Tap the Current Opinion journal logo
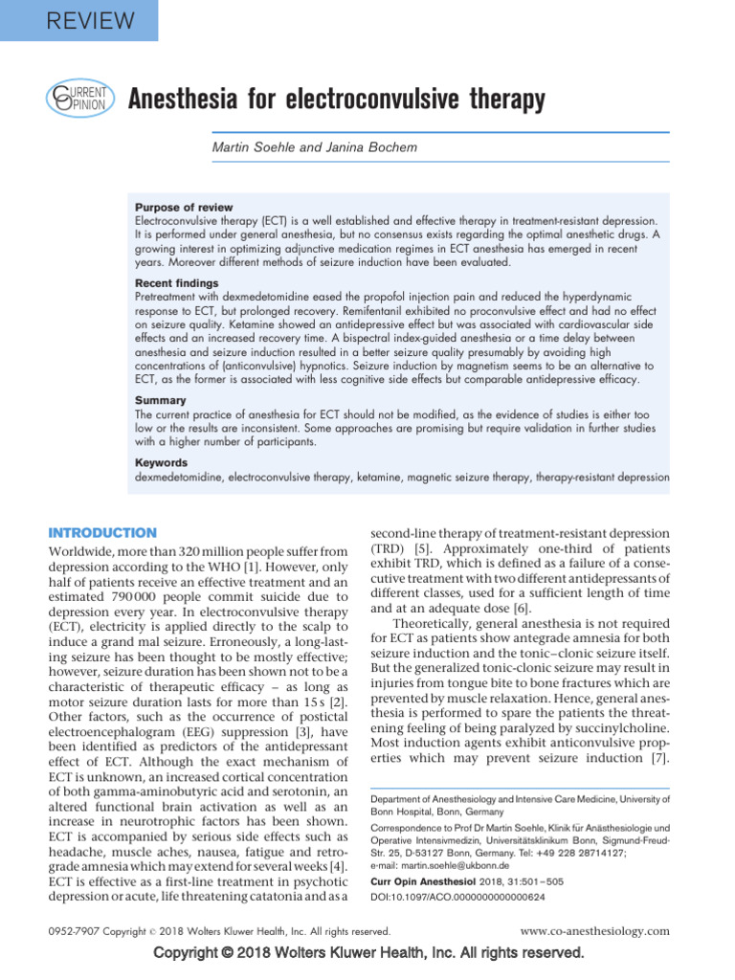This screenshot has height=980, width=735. point(81,99)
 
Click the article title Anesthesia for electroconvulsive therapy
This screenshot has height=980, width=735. point(336,99)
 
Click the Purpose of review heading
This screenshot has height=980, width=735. point(183,208)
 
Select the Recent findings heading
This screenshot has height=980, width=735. point(178,284)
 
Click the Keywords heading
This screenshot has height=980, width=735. point(161,463)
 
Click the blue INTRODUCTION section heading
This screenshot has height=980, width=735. point(102,532)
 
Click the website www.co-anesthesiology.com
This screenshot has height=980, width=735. point(594,931)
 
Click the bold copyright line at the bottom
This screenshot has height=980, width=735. point(367,953)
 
